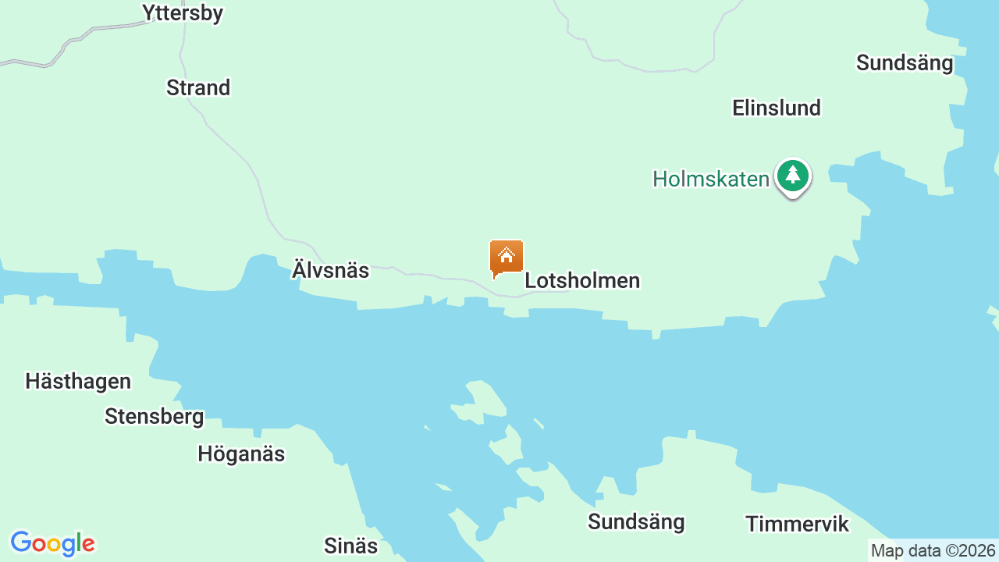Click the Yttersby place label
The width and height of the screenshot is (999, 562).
pyautogui.click(x=183, y=12)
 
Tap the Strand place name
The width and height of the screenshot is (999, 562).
pyautogui.click(x=198, y=87)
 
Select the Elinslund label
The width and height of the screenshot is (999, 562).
pyautogui.click(x=777, y=108)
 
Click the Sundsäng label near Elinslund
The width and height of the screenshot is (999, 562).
pyautogui.click(x=905, y=62)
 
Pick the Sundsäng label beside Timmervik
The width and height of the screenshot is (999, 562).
pyautogui.click(x=636, y=521)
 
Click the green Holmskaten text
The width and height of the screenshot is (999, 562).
pyautogui.click(x=711, y=179)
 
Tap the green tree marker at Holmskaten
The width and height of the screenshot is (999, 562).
pyautogui.click(x=793, y=176)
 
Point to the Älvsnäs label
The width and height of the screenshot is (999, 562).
pyautogui.click(x=330, y=271)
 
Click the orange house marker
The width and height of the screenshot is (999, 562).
pyautogui.click(x=507, y=257)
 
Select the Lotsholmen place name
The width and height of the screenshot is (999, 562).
pyautogui.click(x=582, y=280)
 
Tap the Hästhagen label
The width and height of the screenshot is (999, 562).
pyautogui.click(x=78, y=382)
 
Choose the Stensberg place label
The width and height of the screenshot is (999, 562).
pyautogui.click(x=155, y=417)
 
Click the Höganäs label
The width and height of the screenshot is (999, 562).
pyautogui.click(x=241, y=454)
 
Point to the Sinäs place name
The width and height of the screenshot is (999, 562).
pyautogui.click(x=350, y=546)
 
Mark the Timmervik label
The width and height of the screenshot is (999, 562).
pyautogui.click(x=797, y=524)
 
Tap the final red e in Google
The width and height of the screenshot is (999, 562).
pyautogui.click(x=87, y=544)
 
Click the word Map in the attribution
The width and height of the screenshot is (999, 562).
pyautogui.click(x=887, y=551)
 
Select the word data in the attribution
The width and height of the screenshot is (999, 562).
pyautogui.click(x=923, y=551)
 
